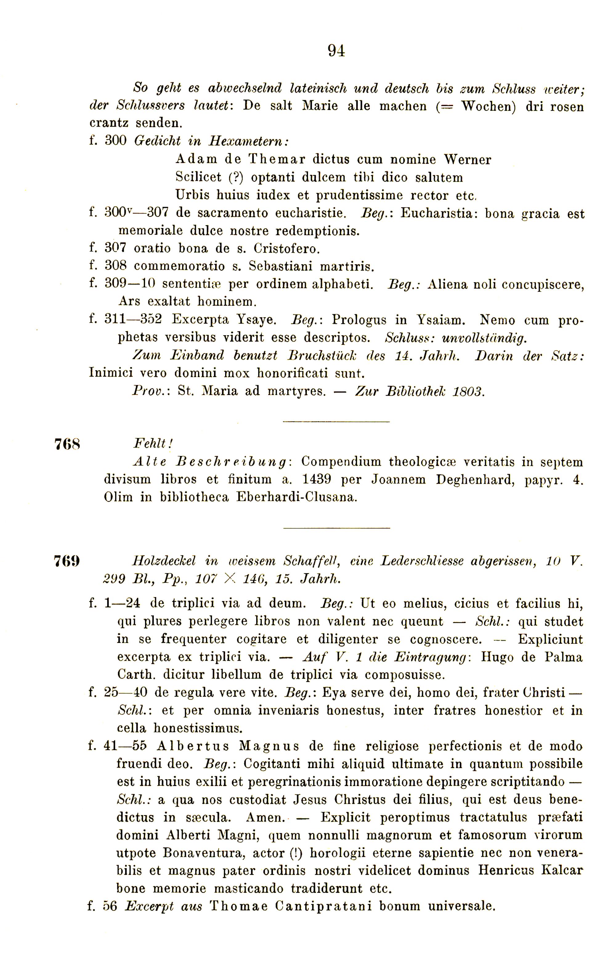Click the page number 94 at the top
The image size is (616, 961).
pos(336,51)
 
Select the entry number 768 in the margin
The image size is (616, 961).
pos(67,444)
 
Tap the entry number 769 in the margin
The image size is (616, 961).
pos(67,561)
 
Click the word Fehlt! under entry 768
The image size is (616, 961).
pos(153,443)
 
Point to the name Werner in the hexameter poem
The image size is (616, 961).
pos(467,160)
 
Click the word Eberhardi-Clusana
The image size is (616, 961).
pos(296,497)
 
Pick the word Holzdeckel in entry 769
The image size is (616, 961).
pos(164,561)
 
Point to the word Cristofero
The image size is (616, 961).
pos(286,249)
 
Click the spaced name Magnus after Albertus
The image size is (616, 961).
pos(269,747)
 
